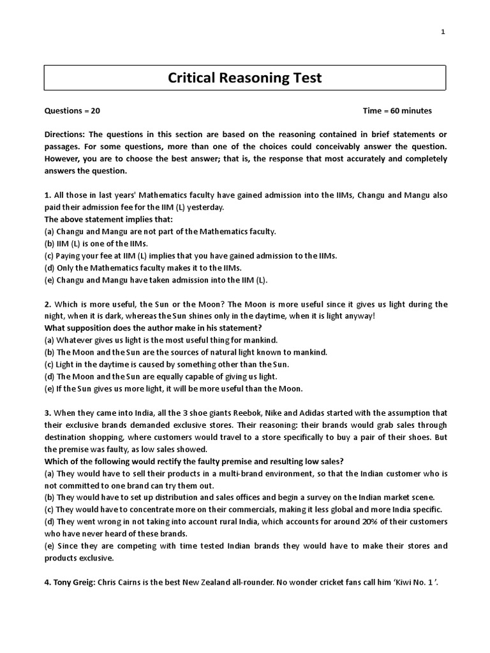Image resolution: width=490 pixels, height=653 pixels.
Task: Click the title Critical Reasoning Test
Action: pos(245,78)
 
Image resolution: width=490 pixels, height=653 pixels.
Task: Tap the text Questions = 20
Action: pos(72,110)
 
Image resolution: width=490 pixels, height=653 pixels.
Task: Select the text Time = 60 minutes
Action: pos(397,110)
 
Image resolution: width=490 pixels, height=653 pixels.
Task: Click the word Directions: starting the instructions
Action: pos(65,135)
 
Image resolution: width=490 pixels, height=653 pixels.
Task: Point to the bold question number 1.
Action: pos(47,195)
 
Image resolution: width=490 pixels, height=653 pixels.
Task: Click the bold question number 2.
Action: pos(47,304)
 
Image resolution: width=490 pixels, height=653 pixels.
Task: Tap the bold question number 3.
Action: pos(47,413)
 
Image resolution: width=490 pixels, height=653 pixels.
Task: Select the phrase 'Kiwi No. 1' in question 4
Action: pos(414,582)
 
